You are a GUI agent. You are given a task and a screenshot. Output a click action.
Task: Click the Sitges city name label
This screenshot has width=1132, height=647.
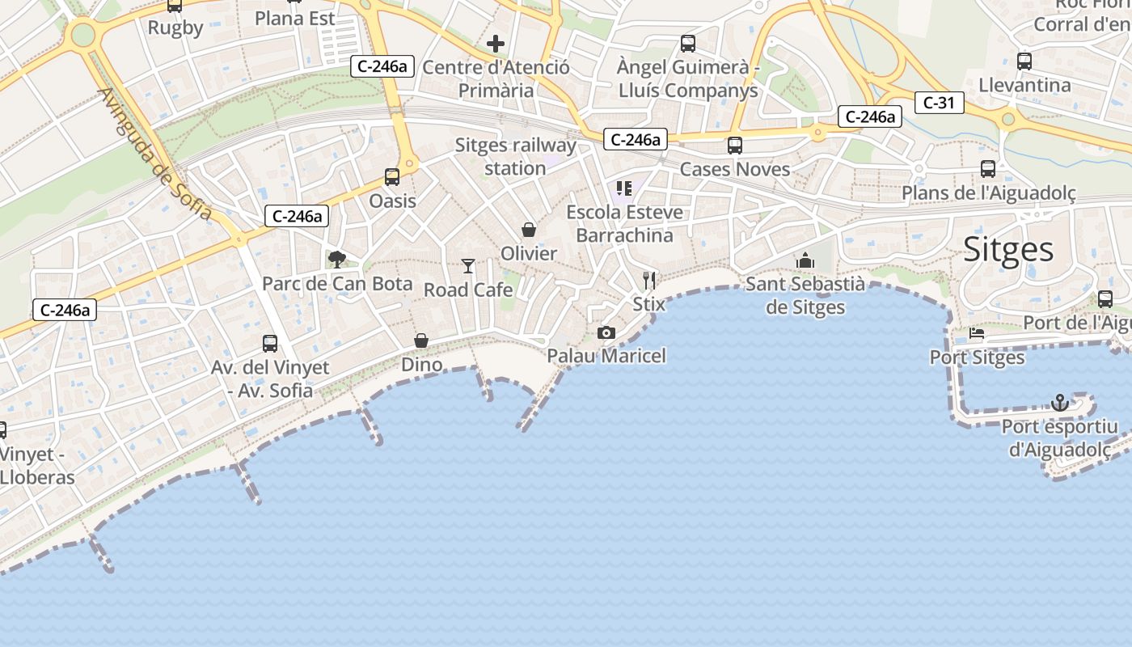point(1008,249)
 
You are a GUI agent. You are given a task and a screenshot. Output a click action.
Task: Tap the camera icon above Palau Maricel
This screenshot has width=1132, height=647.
point(606,332)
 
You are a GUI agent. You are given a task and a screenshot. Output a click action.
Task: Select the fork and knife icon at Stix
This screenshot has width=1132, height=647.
point(648,281)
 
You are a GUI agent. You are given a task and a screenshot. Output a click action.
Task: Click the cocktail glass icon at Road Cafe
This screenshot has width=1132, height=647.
point(468,265)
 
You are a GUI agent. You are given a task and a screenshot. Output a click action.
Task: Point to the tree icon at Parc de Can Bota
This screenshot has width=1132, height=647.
point(337,259)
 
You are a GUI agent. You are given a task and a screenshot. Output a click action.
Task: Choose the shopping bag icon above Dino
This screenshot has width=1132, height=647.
point(421,340)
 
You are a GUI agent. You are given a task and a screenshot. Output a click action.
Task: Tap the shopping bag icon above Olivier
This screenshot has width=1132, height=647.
point(529,230)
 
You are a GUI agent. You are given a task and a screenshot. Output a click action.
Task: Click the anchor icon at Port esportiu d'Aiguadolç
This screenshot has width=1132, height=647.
point(1059,402)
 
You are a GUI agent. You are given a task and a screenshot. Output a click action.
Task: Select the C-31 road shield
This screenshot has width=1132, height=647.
point(940,103)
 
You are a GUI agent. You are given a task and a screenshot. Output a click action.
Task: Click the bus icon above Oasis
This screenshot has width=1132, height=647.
point(392,176)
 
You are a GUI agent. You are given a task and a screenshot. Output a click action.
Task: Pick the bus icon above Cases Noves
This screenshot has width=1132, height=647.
point(734,146)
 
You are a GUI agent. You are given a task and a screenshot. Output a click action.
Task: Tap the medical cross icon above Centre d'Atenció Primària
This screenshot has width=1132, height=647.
point(496,43)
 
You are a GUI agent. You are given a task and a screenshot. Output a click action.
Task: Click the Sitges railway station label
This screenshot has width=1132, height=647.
point(516,157)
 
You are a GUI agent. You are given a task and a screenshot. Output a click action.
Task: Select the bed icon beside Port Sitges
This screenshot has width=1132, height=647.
point(977,333)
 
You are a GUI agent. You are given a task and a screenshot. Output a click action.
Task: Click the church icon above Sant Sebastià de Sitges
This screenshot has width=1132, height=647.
point(805,260)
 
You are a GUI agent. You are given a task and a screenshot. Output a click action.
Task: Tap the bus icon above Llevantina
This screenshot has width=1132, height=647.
point(1024,61)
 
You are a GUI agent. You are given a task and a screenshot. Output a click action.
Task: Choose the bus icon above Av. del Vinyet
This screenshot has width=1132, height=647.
point(270,344)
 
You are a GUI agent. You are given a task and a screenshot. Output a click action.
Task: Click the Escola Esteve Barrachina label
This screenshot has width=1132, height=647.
point(624,224)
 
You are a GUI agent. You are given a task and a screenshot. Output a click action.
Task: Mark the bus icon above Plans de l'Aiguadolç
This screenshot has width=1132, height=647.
point(988,169)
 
